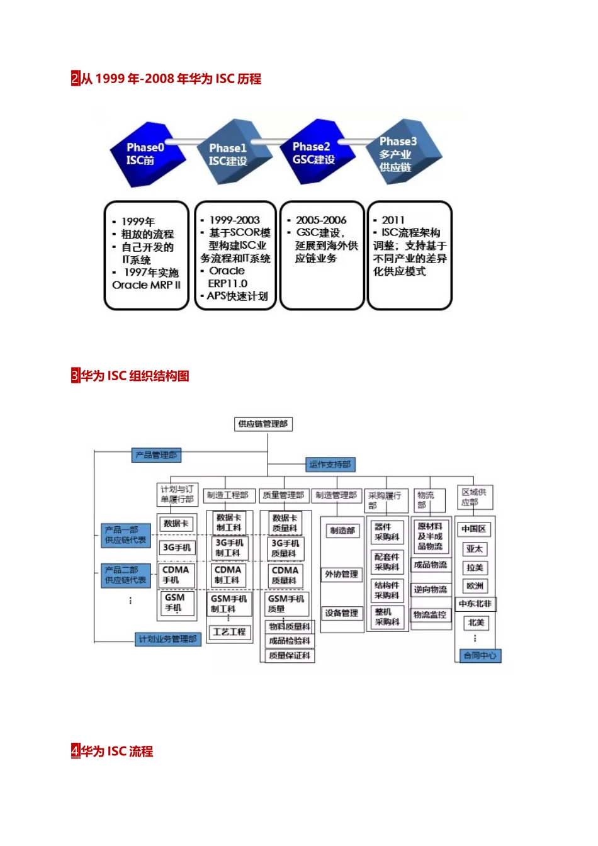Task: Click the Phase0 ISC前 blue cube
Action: [147, 154]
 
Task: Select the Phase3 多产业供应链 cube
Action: [403, 153]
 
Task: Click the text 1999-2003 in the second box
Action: [234, 220]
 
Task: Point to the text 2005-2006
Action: [321, 220]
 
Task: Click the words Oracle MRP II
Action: [146, 285]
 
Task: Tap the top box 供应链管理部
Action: [263, 424]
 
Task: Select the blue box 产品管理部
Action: [156, 454]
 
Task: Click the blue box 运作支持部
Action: [330, 465]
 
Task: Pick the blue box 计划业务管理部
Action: [167, 639]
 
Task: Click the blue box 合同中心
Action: [479, 655]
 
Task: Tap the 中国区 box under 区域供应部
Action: [473, 529]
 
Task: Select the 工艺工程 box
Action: [229, 631]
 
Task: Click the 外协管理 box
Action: [342, 574]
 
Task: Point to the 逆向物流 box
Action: [431, 590]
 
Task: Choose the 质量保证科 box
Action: [289, 655]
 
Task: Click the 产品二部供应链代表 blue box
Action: [125, 575]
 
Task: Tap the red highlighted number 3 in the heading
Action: [76, 376]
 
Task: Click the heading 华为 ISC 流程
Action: [117, 751]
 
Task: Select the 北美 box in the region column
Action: [476, 623]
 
